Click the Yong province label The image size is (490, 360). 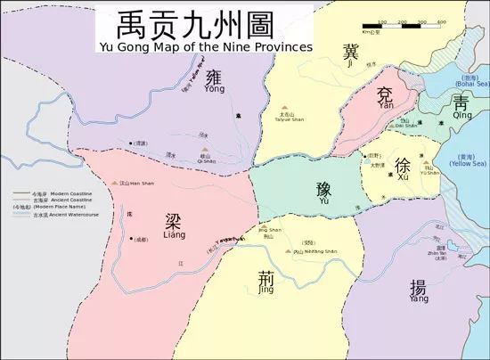(x=214, y=82)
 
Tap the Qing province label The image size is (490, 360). (x=461, y=106)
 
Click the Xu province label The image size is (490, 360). (x=403, y=169)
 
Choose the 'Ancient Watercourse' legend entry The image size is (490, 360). (x=46, y=215)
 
